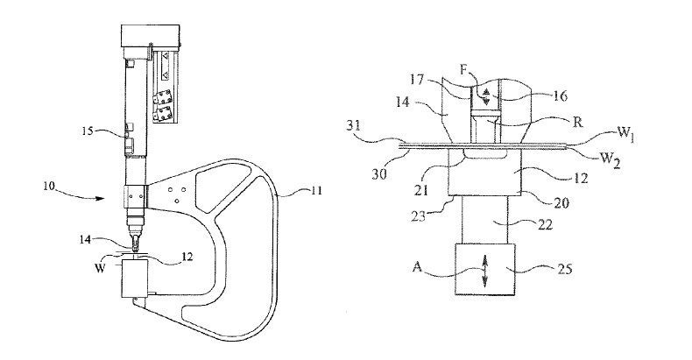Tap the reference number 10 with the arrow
[49, 187]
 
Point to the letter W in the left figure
[100, 267]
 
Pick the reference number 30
[378, 173]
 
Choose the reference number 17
[416, 80]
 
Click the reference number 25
[564, 268]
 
